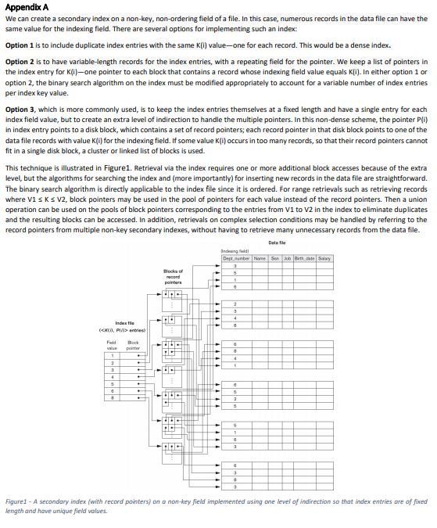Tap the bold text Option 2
[20, 61]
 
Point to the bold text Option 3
[20, 110]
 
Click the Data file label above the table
[277, 242]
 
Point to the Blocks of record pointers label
[173, 277]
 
